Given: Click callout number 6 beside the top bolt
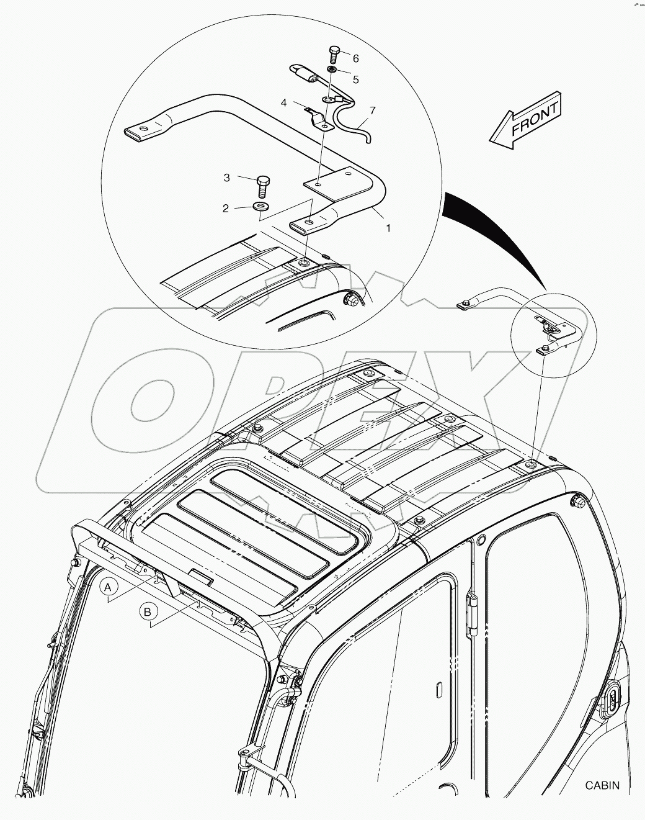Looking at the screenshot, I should tap(355, 59).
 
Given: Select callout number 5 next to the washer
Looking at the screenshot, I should tap(355, 79).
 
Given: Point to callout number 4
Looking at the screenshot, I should tap(283, 102).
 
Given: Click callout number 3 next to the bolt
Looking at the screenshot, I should tap(227, 178).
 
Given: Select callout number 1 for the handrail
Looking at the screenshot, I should tap(388, 228).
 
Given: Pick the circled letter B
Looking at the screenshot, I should tap(148, 612).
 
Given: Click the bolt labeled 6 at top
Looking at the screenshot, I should tap(334, 53).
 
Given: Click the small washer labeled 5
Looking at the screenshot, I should tap(333, 71).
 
